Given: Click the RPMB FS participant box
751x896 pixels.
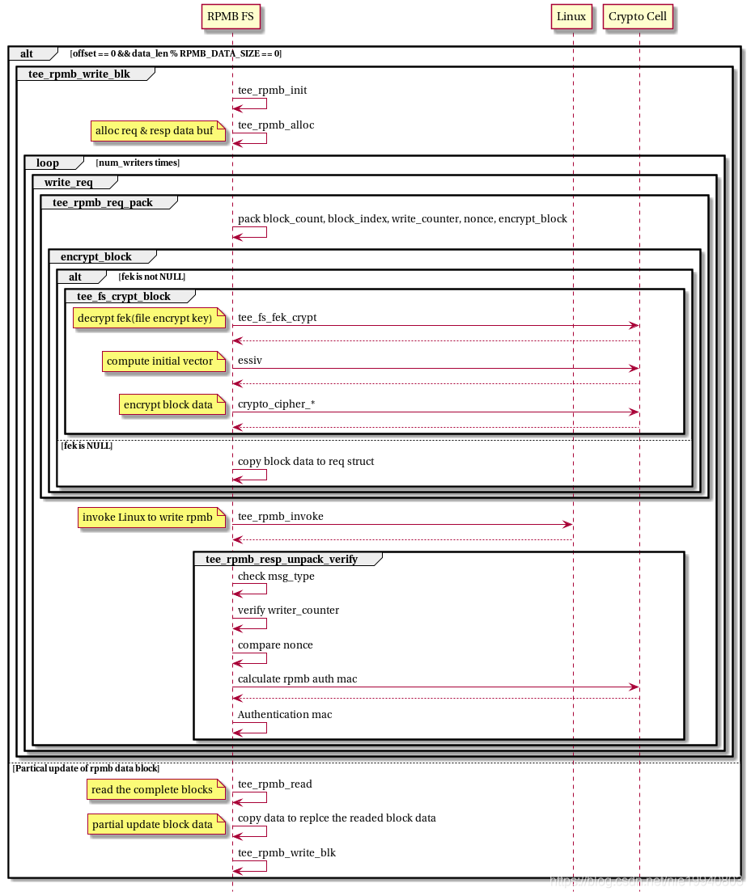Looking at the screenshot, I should (232, 17).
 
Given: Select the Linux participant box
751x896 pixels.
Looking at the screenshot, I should (571, 17).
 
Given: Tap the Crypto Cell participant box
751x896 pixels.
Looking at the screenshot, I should (638, 17).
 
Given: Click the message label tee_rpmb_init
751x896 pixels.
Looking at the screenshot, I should (272, 91).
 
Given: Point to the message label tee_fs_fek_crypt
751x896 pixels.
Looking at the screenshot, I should (277, 317).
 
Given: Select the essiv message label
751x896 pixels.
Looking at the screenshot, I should (251, 360).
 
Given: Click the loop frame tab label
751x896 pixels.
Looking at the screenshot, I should (48, 163).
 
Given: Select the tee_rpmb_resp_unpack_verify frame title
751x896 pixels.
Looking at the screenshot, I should (282, 559).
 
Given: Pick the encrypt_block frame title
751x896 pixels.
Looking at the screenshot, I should (96, 256).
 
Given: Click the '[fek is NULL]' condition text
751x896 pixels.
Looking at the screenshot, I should (87, 446).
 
